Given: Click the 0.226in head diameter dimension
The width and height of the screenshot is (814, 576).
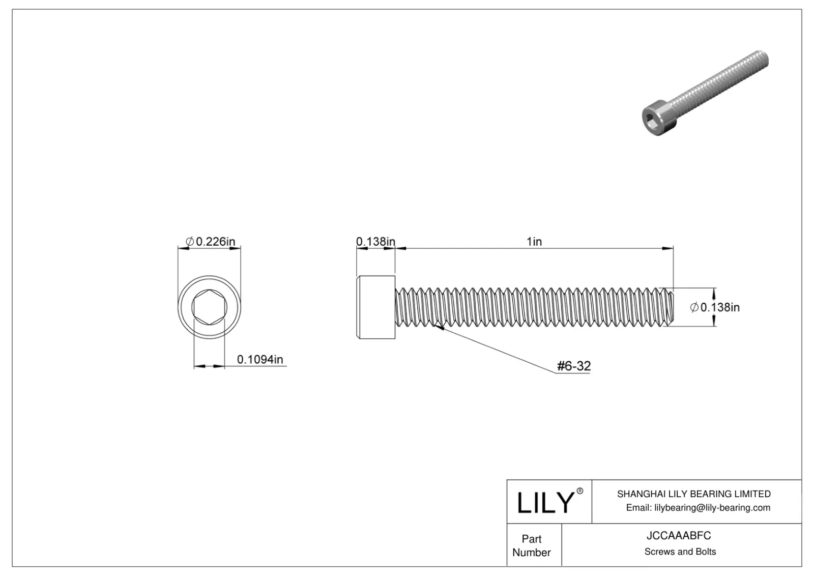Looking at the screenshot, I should pos(210,241).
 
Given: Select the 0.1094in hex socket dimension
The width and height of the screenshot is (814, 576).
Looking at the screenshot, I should pos(259,360).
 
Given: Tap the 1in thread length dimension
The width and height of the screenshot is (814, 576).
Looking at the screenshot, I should pos(534,241).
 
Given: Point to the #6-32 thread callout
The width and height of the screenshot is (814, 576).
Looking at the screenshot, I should pos(573,366).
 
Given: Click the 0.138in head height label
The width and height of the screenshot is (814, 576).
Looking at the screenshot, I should pos(375,241).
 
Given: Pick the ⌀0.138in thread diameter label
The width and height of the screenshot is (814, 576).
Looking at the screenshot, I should pos(715,307).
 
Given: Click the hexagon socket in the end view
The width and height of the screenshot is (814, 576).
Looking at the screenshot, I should pos(209,307).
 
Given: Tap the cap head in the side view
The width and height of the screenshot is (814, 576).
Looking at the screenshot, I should pos(376,307).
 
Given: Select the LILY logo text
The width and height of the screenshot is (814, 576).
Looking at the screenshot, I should pos(545,503).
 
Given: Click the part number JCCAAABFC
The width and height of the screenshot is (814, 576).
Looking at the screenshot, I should pos(679,536).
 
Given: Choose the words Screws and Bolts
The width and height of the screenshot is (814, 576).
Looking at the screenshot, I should pos(680,552).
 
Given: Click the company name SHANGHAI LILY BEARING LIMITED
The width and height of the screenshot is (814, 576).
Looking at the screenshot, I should pos(693,494).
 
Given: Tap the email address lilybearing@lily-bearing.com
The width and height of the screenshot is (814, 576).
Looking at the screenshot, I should pos(697,507).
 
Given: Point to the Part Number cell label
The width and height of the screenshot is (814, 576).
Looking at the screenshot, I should pos(532,545).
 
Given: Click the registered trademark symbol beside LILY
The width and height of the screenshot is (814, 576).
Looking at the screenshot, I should pos(580,491).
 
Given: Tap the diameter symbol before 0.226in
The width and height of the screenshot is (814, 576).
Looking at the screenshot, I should pos(189,242).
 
